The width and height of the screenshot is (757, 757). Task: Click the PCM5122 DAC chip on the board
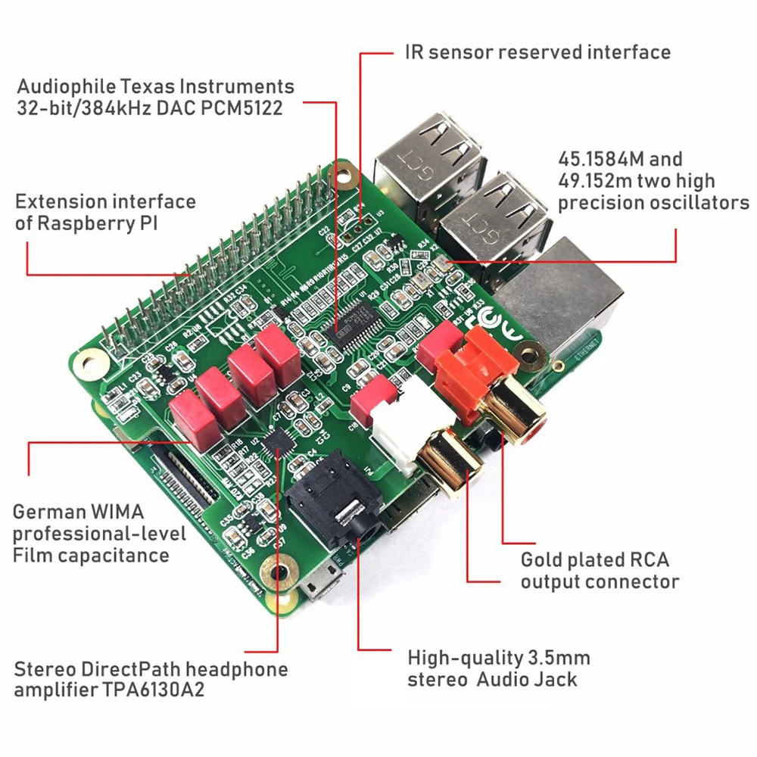click(356, 326)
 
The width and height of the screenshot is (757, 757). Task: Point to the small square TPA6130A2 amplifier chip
click(279, 441)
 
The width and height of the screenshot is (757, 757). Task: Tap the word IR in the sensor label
click(413, 52)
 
